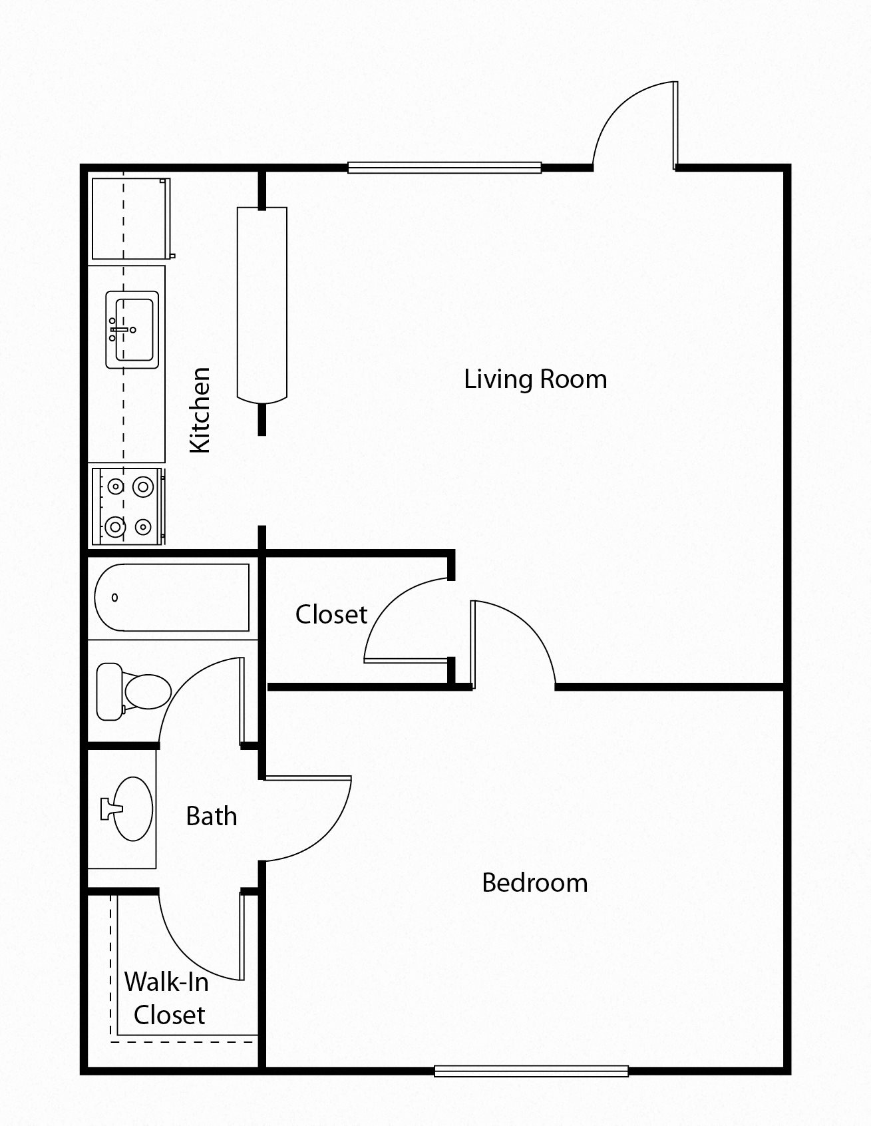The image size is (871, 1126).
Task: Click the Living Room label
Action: pos(535,379)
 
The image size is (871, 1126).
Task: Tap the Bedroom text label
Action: pos(534,883)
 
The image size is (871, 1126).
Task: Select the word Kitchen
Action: pos(200,410)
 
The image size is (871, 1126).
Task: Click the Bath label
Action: pos(211,816)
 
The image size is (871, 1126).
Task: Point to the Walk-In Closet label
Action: pos(167,998)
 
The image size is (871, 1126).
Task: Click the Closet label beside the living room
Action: pos(331,614)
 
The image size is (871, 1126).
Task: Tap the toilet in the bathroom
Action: pos(133,690)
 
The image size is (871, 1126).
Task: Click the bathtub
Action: pos(172,597)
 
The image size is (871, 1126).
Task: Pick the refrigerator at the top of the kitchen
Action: pos(130,218)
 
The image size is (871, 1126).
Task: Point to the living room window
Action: pos(444,168)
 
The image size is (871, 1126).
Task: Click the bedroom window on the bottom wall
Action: pos(531,1071)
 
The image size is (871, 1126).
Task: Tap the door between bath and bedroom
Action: pos(306,819)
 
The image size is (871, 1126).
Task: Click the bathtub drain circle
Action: pos(115,598)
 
